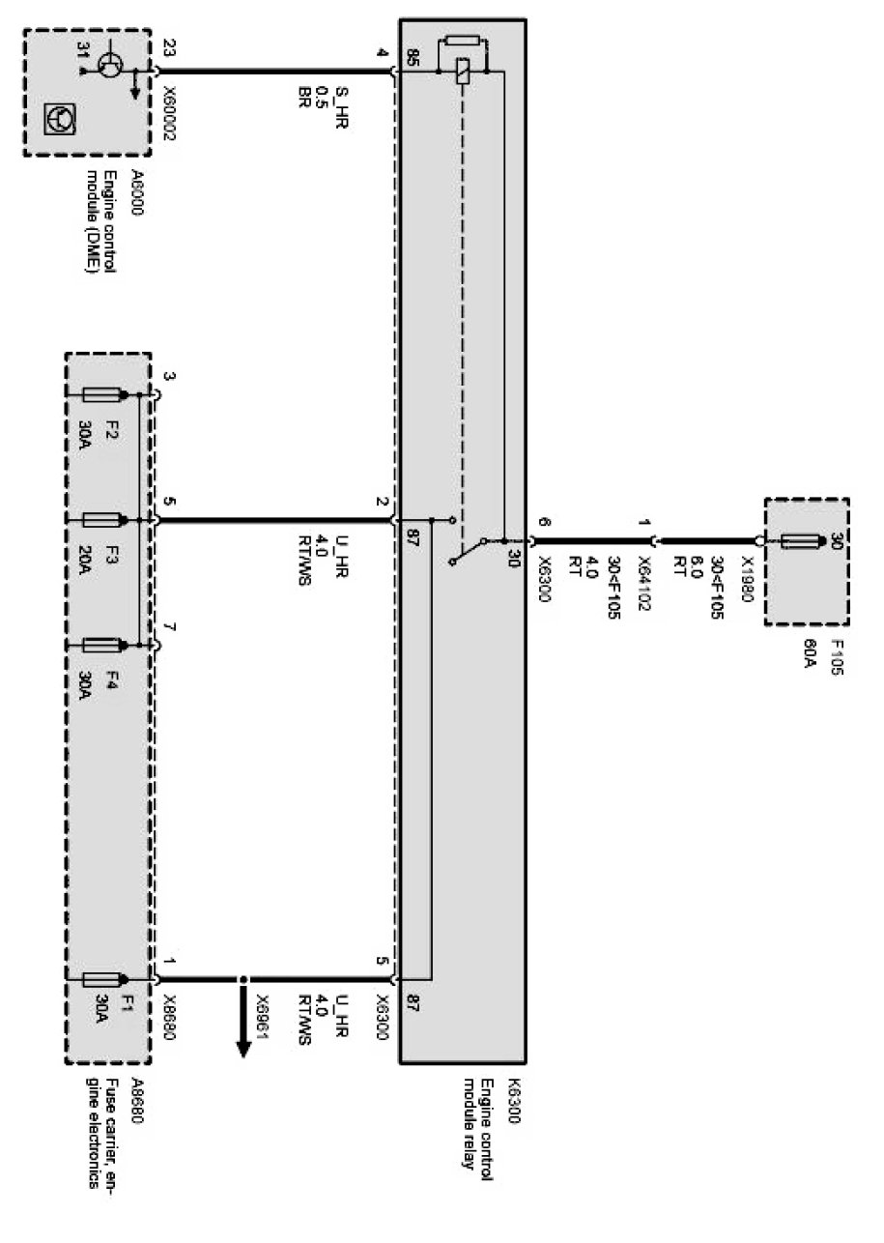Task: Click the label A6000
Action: point(136,190)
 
